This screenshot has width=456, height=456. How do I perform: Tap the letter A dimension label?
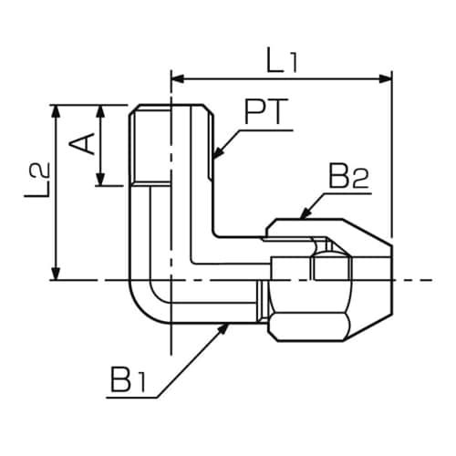tap(83, 144)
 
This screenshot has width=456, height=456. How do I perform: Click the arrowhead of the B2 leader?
tap(302, 216)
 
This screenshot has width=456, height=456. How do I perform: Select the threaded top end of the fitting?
tap(171, 146)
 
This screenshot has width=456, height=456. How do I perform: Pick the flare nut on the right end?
tap(328, 278)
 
